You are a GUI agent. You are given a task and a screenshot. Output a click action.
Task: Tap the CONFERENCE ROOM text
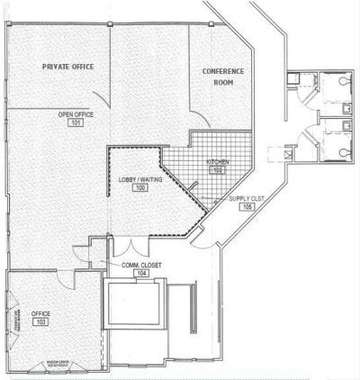pos(218,76)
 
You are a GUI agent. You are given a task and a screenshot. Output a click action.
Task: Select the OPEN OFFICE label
pos(76,114)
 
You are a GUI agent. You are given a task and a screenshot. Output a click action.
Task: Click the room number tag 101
pos(76,122)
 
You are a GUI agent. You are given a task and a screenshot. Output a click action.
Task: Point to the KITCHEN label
pos(217,161)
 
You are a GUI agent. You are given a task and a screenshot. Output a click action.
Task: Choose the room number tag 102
pos(217,169)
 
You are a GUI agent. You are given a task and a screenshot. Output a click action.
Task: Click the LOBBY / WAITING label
pos(139,180)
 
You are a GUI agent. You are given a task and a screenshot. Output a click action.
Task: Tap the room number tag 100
pos(139,188)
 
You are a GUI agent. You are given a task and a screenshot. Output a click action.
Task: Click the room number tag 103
pos(40,321)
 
